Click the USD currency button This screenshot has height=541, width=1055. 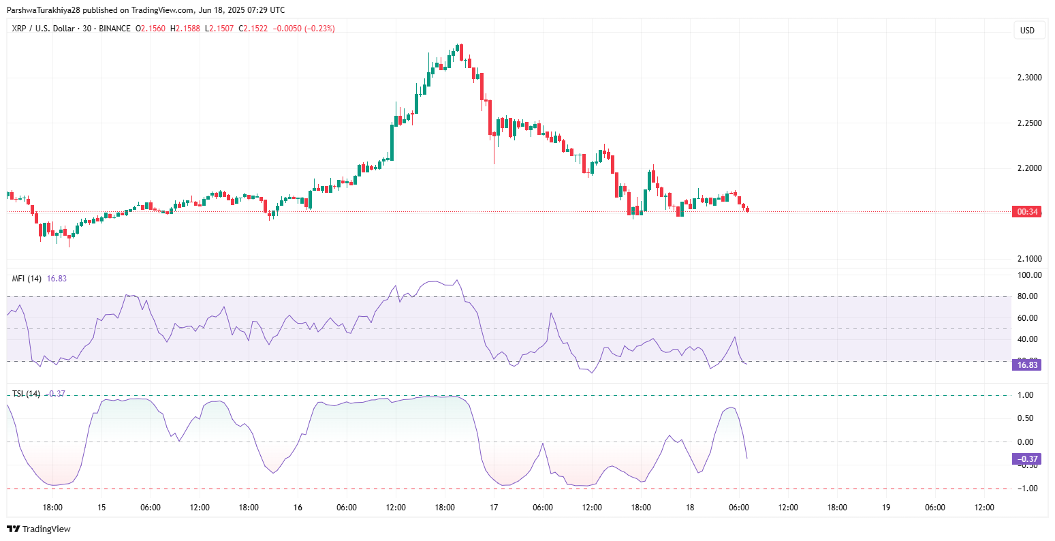pos(1027,30)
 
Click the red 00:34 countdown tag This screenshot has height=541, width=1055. pos(1027,212)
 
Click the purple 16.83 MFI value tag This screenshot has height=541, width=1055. pos(1027,365)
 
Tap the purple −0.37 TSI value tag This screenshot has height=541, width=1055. pos(1027,459)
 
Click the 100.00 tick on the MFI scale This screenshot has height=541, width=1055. pos(1029,276)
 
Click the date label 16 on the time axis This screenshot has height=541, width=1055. pos(298,508)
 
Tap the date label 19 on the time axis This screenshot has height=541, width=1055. pos(886,508)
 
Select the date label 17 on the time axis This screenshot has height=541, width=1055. pos(494,508)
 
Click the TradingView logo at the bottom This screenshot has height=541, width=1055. pos(39,529)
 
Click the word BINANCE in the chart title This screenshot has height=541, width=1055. pos(114,29)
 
